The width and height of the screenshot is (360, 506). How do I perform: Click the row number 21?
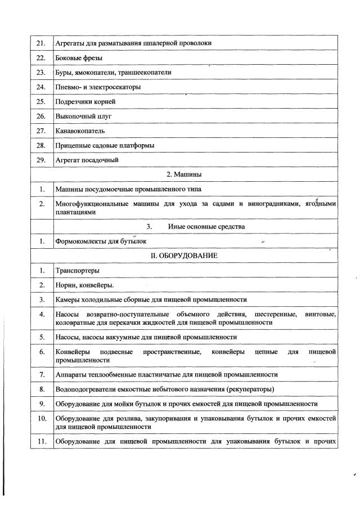pyautogui.click(x=40, y=43)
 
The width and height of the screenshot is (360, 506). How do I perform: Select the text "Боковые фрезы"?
pyautogui.click(x=75, y=58)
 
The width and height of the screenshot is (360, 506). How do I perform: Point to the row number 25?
pyautogui.click(x=40, y=101)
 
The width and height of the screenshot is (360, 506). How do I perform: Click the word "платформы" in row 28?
pyautogui.click(x=137, y=145)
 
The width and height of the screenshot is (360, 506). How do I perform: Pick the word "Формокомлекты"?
pyautogui.click(x=80, y=241)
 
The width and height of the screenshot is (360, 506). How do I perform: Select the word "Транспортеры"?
pyautogui.click(x=77, y=271)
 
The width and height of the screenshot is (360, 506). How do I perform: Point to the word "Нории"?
pyautogui.click(x=65, y=285)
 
